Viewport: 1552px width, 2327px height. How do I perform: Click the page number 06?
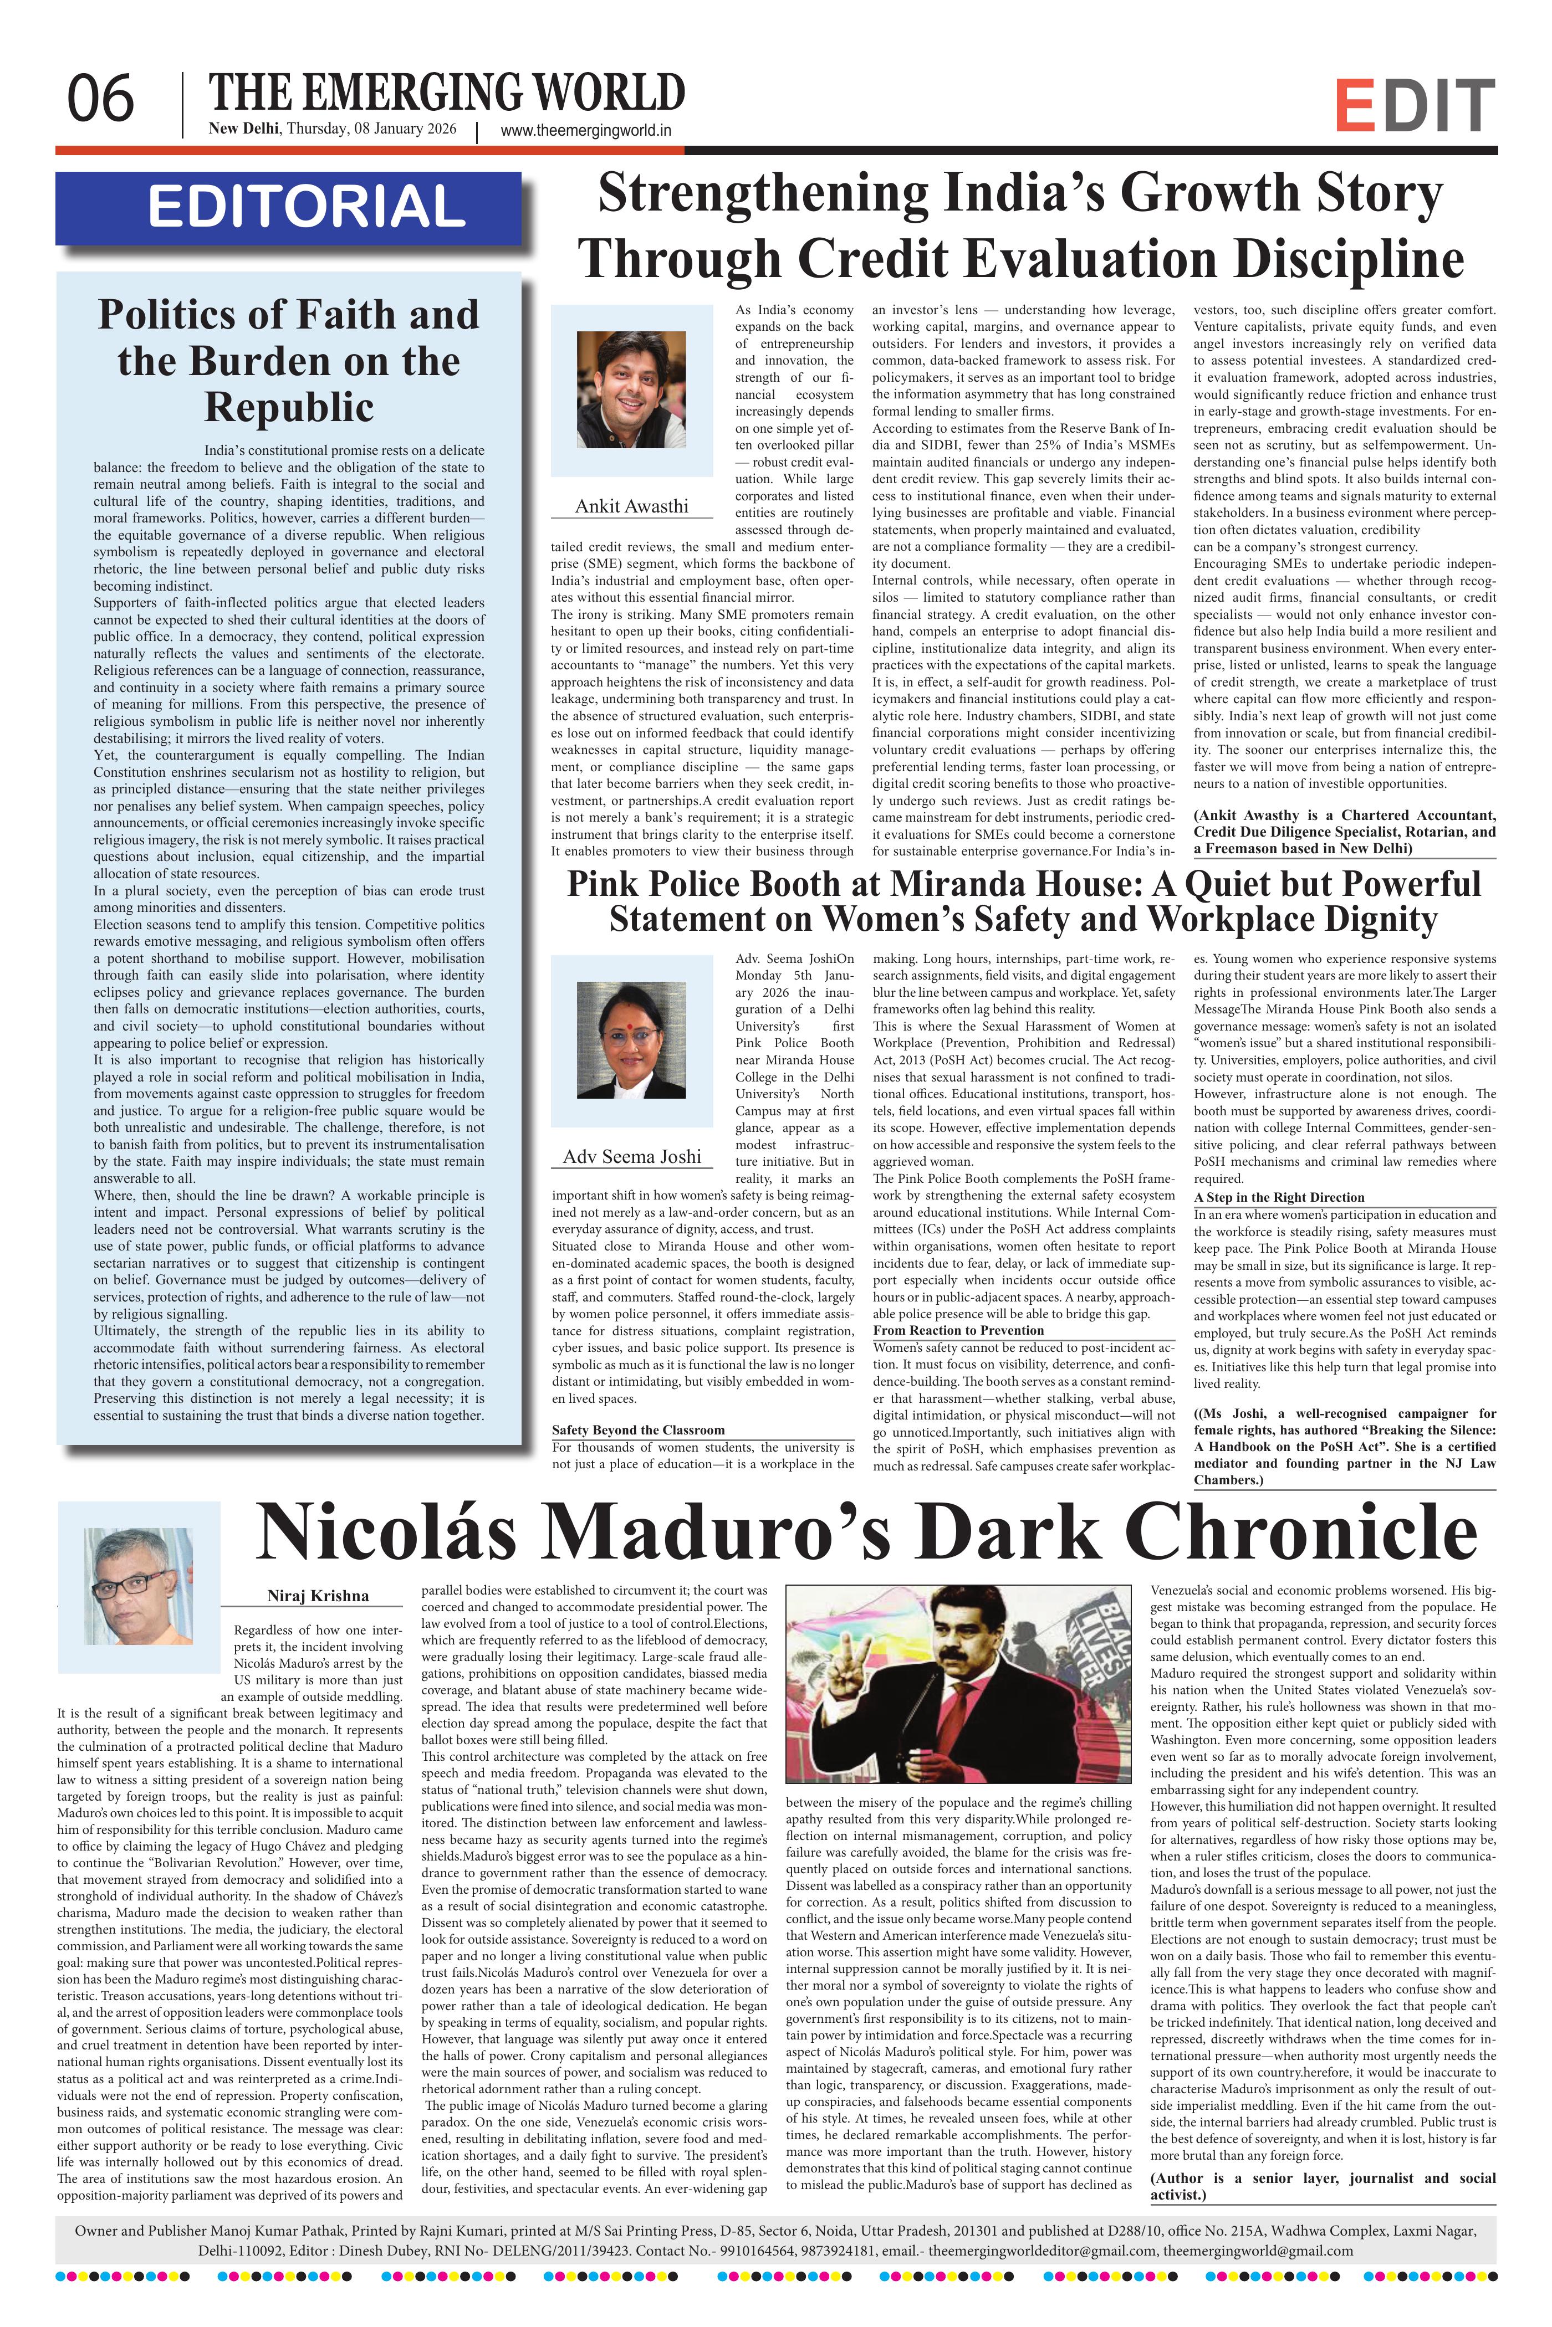point(100,99)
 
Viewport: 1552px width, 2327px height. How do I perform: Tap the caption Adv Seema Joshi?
point(631,1157)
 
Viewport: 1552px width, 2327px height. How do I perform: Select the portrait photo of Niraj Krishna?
point(139,1587)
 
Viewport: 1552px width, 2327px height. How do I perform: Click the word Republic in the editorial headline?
point(288,407)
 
